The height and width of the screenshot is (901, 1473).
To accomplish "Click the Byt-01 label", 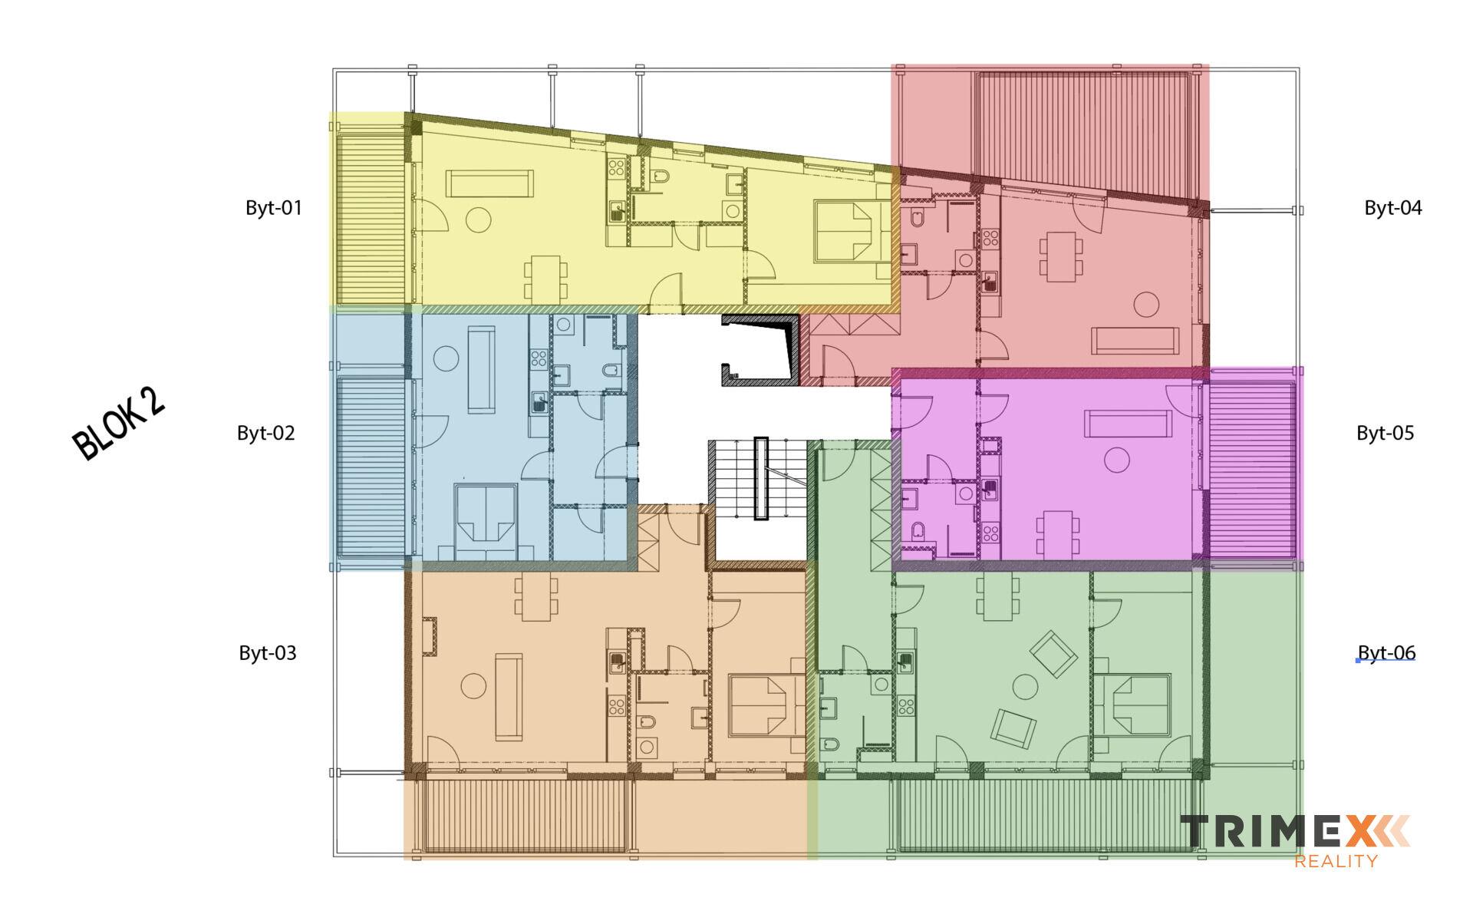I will coord(274,208).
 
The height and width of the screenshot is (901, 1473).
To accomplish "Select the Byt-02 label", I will coord(266,434).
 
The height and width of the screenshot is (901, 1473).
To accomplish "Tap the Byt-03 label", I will coord(268,653).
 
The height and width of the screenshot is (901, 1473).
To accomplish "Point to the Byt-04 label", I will coord(1392,208).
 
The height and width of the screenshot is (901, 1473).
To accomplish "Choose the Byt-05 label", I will coord(1385,434).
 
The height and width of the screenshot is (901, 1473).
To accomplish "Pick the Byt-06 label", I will coord(1386,653).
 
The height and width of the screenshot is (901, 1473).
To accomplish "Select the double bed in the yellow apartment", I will coord(845,231).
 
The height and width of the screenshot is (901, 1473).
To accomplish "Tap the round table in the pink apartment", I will coord(1116,460).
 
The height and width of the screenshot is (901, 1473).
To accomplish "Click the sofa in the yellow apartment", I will coord(489,183).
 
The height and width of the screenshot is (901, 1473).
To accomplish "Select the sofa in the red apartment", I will coord(1135,341).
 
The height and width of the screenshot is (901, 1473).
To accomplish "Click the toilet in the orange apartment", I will coord(646,723).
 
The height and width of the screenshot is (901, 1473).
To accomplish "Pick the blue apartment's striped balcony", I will coord(371,467).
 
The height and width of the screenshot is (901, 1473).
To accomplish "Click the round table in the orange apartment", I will coord(473,685).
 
